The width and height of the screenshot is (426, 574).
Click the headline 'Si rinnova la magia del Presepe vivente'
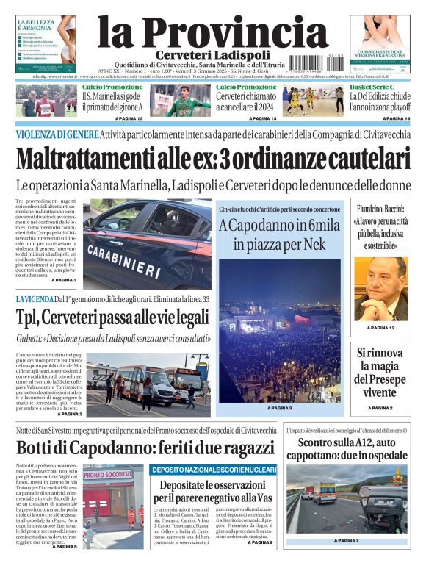380,372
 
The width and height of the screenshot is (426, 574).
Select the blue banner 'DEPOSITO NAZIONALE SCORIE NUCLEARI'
213,470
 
